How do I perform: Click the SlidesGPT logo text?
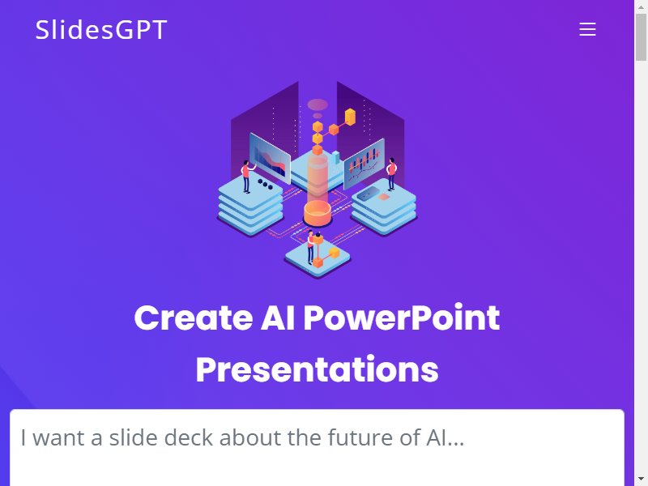tap(101, 29)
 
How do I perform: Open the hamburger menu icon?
tap(587, 29)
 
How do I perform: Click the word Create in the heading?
tap(193, 318)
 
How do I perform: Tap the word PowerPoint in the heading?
tap(402, 318)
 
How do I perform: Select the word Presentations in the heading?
tap(317, 369)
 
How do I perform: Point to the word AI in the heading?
tap(278, 318)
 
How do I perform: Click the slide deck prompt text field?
tap(317, 448)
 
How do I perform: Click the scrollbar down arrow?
tap(641, 480)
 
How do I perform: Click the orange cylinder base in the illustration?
tap(318, 213)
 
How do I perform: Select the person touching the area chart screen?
tap(247, 177)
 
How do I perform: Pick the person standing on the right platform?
tap(391, 174)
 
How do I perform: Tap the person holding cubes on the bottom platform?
tap(310, 247)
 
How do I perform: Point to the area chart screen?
tap(270, 158)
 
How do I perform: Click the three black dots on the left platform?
tap(265, 184)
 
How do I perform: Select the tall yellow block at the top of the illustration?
tap(350, 117)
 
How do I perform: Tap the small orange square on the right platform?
tap(384, 197)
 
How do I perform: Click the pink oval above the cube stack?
tap(318, 104)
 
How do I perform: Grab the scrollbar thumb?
tap(641, 36)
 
